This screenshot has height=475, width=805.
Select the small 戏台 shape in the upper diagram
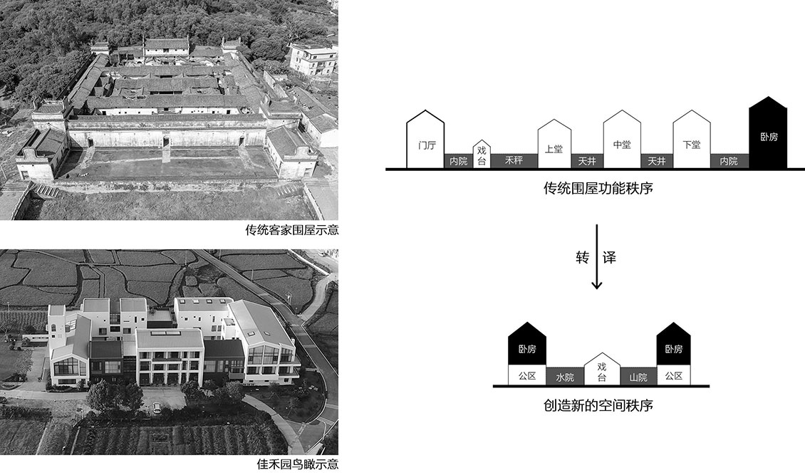tap(481, 155)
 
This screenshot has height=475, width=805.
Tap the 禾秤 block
tap(514, 160)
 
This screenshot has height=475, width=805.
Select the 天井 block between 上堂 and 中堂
tap(587, 161)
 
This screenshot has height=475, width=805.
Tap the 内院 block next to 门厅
tap(459, 161)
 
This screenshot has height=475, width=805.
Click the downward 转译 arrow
tap(596, 256)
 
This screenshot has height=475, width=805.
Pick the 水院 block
tap(565, 377)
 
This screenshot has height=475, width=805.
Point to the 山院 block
tap(638, 377)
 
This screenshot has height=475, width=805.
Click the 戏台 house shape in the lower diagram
tap(602, 370)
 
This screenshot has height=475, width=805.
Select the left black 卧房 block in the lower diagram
tap(527, 345)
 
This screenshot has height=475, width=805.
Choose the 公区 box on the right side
tap(674, 375)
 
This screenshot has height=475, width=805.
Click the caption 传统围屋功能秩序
tap(598, 188)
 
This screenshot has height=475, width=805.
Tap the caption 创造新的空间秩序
tap(598, 406)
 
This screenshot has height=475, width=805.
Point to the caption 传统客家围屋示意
tap(291, 230)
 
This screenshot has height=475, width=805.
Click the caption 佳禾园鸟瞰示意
tap(298, 465)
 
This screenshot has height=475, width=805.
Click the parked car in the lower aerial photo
tap(157, 408)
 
